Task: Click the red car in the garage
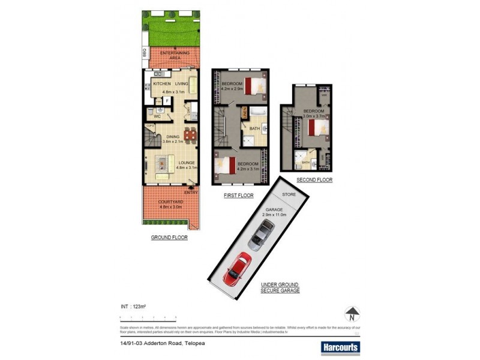pyautogui.click(x=238, y=268)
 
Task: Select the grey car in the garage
pyautogui.click(x=262, y=235)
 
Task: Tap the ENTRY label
pyautogui.click(x=190, y=192)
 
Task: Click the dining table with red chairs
pyautogui.click(x=190, y=136)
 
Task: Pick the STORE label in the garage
pyautogui.click(x=289, y=195)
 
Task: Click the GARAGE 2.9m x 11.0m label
pyautogui.click(x=275, y=212)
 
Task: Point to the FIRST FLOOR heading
pyautogui.click(x=239, y=196)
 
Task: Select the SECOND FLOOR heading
pyautogui.click(x=314, y=180)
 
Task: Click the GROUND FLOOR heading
pyautogui.click(x=169, y=238)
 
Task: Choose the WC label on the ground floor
pyautogui.click(x=157, y=116)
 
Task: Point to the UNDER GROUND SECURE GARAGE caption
pyautogui.click(x=280, y=287)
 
